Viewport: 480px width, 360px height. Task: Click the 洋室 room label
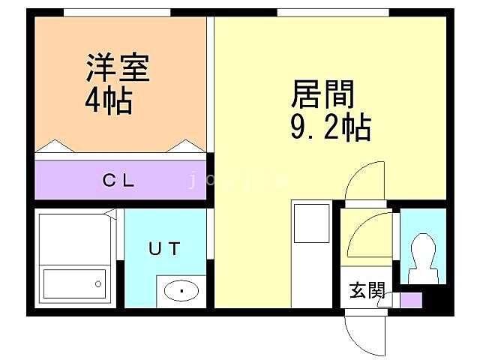point(118,69)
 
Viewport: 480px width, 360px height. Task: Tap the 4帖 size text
point(108,100)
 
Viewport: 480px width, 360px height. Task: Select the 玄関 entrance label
point(367,290)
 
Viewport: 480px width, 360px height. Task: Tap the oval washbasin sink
point(180,289)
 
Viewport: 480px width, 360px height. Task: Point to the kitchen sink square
point(307,223)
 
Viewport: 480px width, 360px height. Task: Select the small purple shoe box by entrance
point(411,299)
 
